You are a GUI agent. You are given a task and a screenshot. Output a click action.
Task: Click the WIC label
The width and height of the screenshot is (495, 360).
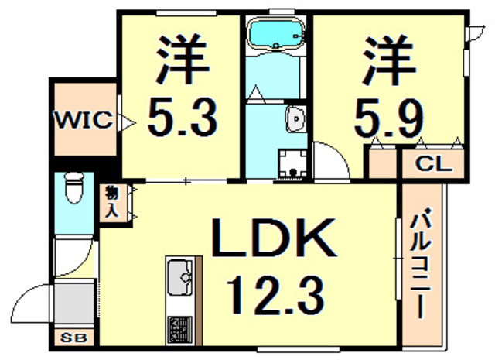point(84,120)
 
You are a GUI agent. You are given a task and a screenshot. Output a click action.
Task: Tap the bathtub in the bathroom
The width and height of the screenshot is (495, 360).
point(276,33)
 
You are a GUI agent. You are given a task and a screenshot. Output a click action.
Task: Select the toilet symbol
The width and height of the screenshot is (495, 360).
point(74,188)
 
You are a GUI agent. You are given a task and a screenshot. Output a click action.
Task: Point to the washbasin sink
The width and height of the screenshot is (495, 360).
point(295,119)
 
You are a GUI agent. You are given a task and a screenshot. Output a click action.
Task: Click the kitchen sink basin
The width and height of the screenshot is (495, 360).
point(179,276)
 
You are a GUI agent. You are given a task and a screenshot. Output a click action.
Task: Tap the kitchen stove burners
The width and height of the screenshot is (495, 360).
point(179,330)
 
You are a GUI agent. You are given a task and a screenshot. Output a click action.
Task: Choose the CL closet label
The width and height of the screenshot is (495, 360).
point(434,164)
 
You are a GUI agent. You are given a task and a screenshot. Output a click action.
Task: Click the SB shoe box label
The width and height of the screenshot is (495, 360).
point(73,338)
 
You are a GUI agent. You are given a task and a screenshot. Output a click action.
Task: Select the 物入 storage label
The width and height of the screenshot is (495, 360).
point(111,201)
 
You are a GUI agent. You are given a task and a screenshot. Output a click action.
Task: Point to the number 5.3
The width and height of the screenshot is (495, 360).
point(183,117)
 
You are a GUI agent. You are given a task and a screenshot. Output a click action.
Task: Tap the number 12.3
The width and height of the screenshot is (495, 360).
point(275,295)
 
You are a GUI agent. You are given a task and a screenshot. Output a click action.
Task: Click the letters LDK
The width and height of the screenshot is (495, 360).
point(273,238)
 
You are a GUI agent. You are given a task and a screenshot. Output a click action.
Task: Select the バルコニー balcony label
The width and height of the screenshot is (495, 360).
point(421,262)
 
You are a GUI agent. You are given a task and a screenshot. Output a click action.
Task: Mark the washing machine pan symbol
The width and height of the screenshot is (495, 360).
point(292,164)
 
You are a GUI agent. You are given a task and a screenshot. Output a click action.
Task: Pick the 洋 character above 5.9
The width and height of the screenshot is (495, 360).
point(388,60)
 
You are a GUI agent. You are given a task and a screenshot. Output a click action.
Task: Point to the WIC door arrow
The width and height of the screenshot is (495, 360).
point(127,122)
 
